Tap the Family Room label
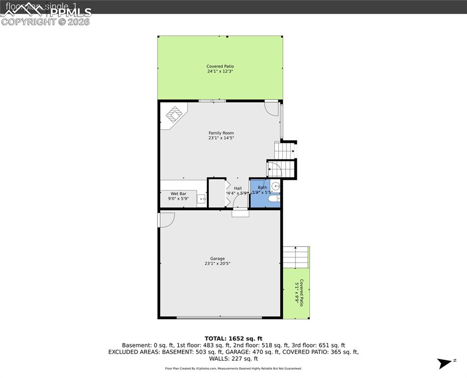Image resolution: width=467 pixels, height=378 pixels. (221, 133)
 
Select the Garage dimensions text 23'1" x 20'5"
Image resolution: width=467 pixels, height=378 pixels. (217, 264)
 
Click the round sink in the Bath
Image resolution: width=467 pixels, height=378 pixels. (276, 186)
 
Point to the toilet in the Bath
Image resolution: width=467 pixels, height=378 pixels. (273, 198)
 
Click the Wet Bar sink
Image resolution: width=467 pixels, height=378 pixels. (201, 199)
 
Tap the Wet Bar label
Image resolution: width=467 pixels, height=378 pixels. (178, 193)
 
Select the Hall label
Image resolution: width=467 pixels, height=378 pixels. (237, 188)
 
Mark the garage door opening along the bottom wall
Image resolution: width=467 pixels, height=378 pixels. (219, 318)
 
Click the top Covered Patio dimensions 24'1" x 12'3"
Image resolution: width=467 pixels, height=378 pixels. (220, 71)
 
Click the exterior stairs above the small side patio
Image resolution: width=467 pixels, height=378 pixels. (295, 257)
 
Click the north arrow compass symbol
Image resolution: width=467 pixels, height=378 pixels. (444, 364)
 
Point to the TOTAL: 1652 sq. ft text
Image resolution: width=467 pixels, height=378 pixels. (233, 339)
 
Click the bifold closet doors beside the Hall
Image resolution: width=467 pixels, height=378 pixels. (228, 193)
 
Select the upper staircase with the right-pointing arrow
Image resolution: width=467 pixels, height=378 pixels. (285, 150)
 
